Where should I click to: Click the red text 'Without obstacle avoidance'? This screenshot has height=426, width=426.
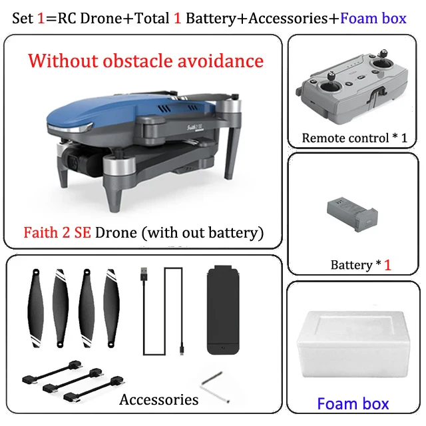coord(146,61)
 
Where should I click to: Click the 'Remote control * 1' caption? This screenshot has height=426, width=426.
coord(354,138)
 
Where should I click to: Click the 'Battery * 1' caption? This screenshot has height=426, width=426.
coord(360,264)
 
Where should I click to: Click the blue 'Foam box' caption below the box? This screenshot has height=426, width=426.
coord(353,403)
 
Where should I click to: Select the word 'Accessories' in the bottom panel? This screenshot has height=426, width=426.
coord(158,399)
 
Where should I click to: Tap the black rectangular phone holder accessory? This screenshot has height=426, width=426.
coord(223,310)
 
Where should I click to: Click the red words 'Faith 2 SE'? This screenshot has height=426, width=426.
coord(58,233)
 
